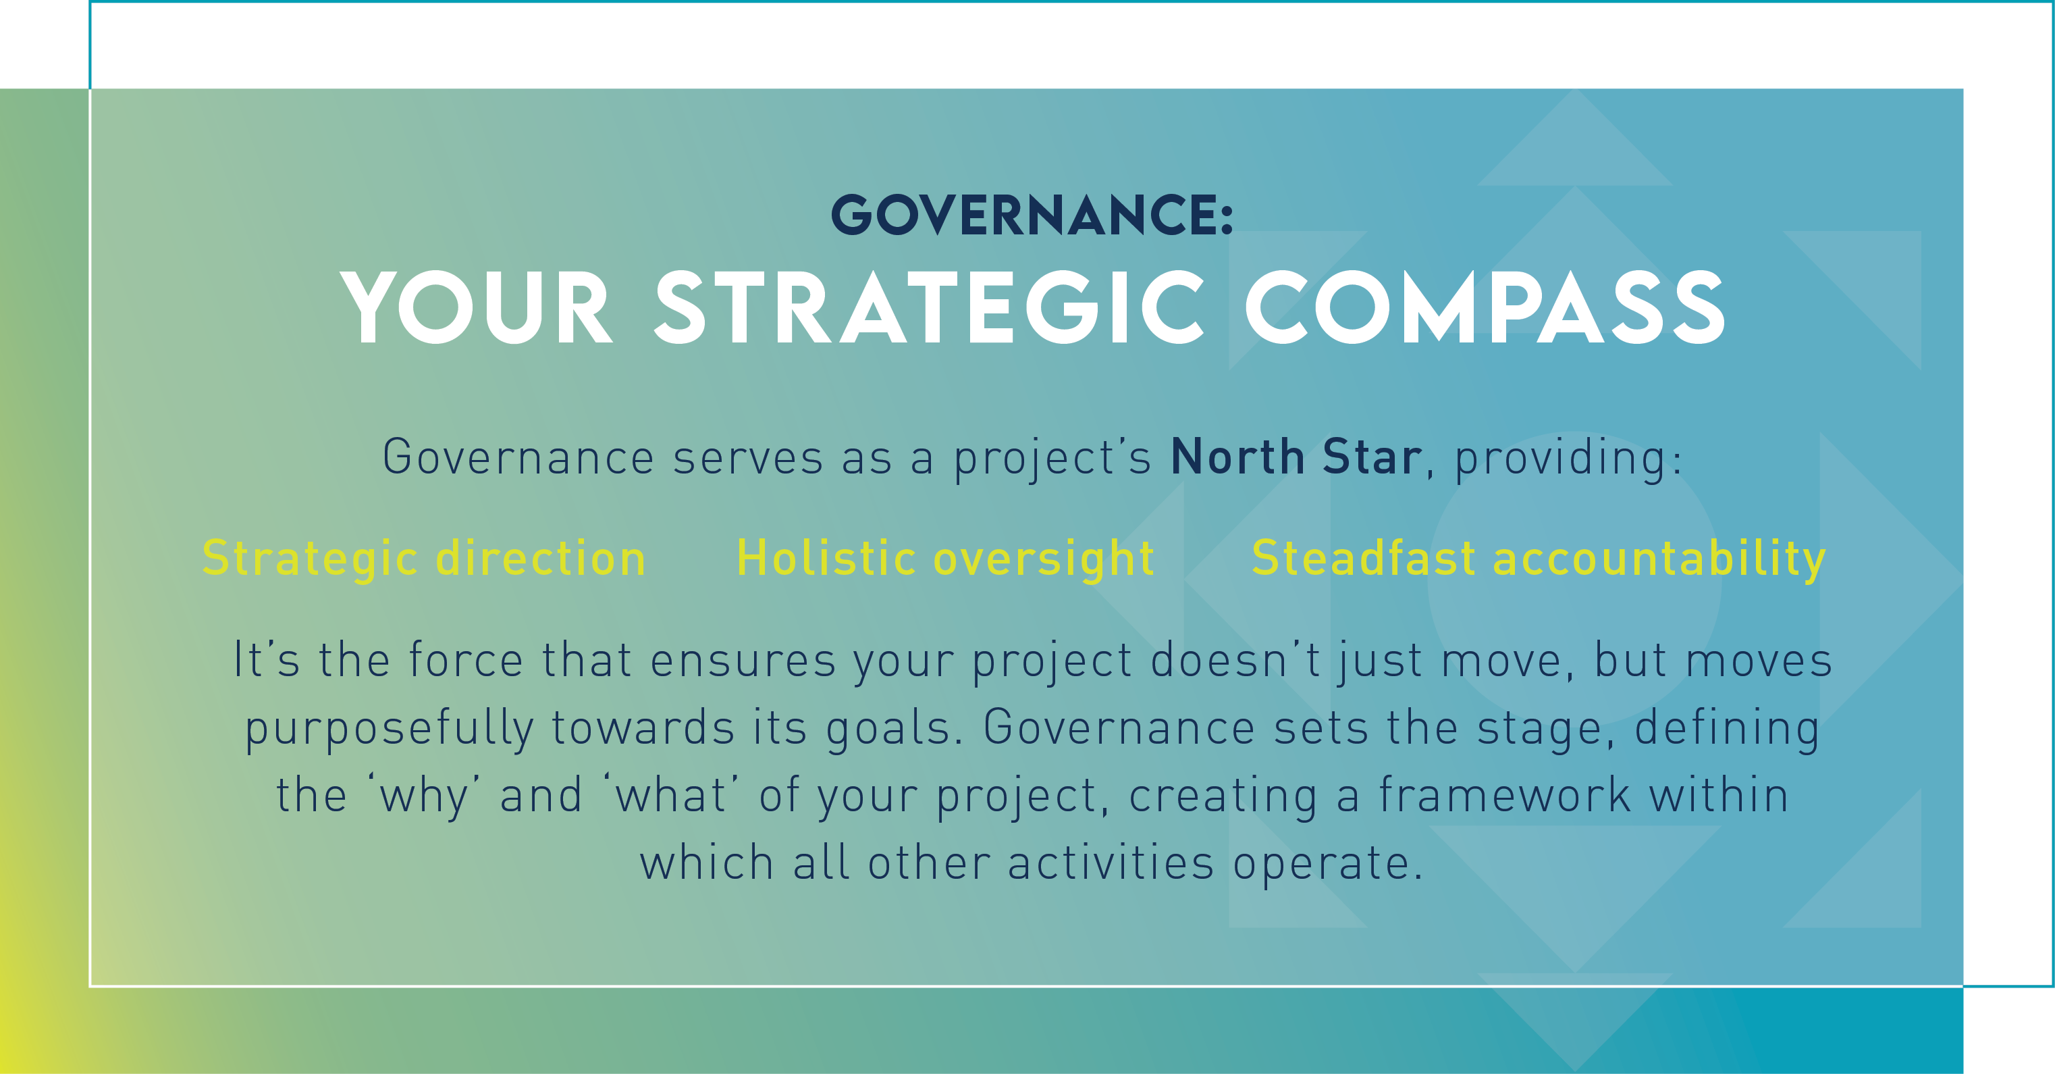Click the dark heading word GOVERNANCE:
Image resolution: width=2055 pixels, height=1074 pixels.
coord(1032,215)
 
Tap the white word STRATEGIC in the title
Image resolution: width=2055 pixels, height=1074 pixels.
coord(930,307)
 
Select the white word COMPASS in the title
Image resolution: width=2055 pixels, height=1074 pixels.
coord(1485,307)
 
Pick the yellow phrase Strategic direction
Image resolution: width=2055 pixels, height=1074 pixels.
coord(423,559)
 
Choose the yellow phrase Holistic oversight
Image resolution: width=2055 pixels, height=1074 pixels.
coord(945,559)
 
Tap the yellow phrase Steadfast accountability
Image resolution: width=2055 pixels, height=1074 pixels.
coord(1539,559)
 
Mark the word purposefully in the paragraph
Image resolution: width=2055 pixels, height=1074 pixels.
coord(390,730)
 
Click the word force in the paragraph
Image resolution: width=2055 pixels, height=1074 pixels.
coord(466,661)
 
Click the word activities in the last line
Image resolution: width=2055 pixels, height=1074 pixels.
coord(1111,863)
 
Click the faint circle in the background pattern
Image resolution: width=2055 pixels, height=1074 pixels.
coord(1574,578)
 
